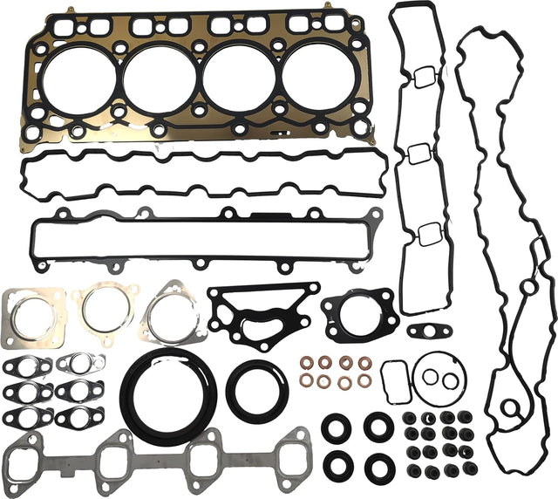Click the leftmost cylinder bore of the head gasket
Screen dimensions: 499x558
[x=75, y=80]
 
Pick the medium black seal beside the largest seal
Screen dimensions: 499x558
[x=256, y=389]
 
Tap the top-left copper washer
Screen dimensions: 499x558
[x=307, y=363]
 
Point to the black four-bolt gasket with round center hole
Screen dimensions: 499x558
[x=358, y=311]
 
